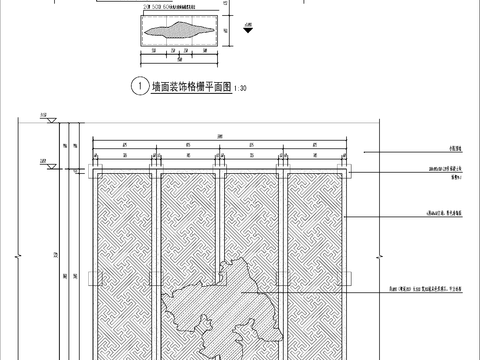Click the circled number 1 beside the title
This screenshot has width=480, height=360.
click(x=137, y=87)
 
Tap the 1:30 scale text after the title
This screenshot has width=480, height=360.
click(x=244, y=88)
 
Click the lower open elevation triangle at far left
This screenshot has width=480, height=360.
click(x=48, y=158)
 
